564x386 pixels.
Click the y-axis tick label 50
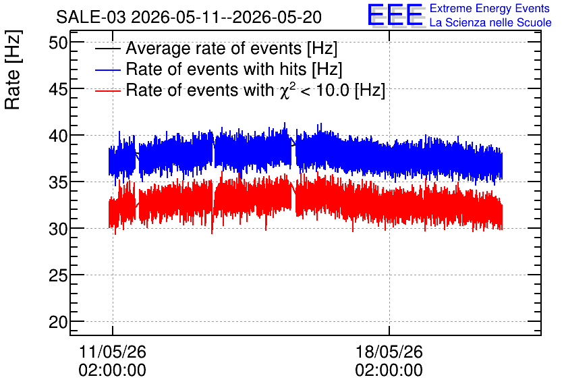[58, 43]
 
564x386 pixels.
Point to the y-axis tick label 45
[58, 90]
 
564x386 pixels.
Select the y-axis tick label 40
[58, 136]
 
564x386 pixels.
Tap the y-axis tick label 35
[58, 182]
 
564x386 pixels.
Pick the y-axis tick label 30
[58, 229]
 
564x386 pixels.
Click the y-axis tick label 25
[58, 275]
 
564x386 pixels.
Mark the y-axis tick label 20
[58, 322]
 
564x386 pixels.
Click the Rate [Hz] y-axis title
[13, 70]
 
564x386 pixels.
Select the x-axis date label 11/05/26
[113, 352]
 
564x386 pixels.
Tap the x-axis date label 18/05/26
[389, 352]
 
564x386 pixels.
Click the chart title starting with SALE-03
[189, 18]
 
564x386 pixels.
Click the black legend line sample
[107, 49]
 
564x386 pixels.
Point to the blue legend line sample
[107, 70]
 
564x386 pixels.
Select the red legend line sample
[107, 90]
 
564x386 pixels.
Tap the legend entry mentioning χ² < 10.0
[256, 90]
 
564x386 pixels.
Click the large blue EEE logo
[395, 15]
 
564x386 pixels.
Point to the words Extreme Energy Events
[490, 8]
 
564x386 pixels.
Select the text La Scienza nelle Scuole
[490, 22]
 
